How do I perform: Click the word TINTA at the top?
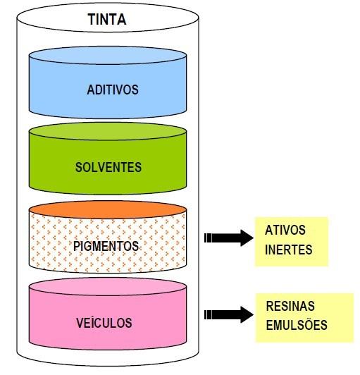107,19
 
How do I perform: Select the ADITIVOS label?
113,90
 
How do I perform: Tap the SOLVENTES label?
108,167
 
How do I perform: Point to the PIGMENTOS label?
106,246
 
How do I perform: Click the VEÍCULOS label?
104,323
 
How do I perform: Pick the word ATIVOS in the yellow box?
285,230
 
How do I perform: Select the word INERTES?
289,250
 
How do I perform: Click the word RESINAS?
290,306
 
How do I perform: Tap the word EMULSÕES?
297,325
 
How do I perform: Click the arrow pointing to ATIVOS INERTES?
229,238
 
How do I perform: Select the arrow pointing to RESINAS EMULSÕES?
229,314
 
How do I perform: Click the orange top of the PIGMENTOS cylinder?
108,209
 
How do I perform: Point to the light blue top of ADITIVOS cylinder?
108,55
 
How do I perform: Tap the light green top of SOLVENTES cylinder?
108,131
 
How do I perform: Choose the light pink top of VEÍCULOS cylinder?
108,286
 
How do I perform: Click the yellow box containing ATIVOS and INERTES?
292,242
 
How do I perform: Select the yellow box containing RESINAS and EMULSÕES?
304,318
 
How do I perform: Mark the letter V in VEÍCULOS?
80,323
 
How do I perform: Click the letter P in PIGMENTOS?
76,246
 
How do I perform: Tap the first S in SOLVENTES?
79,167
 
